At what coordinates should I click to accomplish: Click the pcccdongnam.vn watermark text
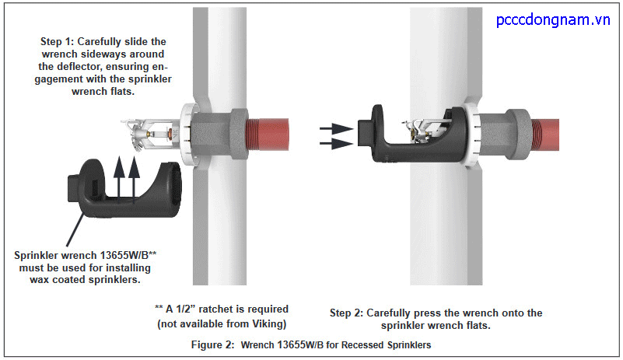[554, 19]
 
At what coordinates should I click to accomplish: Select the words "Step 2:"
[348, 313]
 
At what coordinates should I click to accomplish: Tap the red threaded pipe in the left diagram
[269, 131]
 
